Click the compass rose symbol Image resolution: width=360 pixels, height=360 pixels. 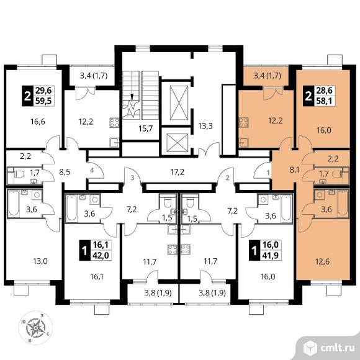(x=35, y=328)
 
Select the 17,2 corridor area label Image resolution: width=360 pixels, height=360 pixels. (x=178, y=172)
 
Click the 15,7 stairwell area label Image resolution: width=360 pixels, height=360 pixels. (x=146, y=128)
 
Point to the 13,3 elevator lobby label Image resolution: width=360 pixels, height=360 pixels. (x=205, y=126)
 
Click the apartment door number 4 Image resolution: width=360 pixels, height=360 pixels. (x=92, y=170)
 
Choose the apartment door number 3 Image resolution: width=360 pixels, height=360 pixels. (x=132, y=178)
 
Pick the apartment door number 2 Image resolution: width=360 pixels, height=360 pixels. (x=228, y=178)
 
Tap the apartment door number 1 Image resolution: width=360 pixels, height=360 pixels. (x=268, y=173)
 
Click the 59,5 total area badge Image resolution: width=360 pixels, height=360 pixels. (x=43, y=101)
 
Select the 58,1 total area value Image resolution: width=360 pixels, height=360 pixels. (x=324, y=101)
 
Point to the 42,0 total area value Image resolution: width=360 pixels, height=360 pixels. (x=101, y=255)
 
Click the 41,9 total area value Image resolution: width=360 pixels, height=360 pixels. (x=271, y=255)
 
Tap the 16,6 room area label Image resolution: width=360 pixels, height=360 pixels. (x=38, y=122)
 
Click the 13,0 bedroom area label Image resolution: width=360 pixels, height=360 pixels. (x=40, y=261)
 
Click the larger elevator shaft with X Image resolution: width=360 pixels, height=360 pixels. (x=179, y=102)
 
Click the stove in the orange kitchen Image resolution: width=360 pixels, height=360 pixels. (x=243, y=122)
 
